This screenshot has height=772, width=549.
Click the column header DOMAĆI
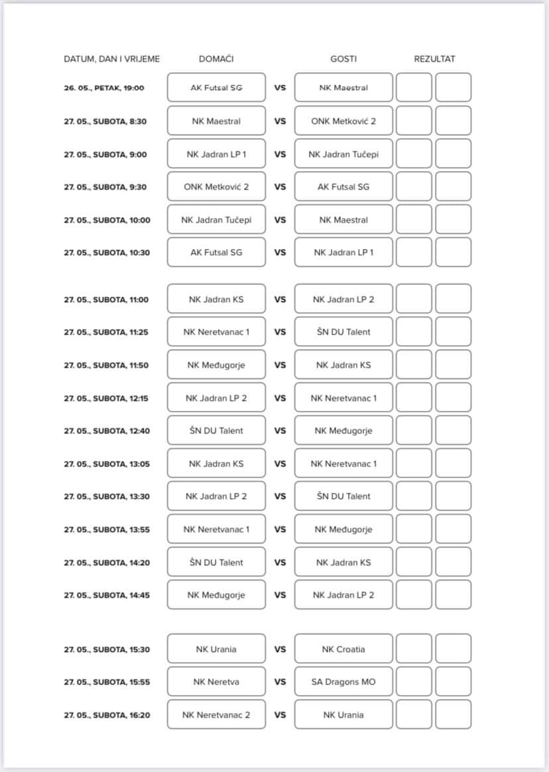216,59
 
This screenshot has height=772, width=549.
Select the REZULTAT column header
434,59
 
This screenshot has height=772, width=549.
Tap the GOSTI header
343,59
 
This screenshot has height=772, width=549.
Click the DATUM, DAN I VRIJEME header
111,59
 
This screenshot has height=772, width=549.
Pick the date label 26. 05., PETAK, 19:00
104,88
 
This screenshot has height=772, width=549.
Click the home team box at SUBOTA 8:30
216,121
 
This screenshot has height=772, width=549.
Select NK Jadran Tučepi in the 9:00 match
343,154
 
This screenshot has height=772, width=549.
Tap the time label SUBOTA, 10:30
107,252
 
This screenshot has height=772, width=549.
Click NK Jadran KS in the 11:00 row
216,300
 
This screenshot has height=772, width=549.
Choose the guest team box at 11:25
343,332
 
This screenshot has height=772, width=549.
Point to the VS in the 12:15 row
280,398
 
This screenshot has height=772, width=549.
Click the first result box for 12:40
414,431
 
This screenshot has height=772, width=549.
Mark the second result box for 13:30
454,496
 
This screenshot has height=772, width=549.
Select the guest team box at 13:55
343,529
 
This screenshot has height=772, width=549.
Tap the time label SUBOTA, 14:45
107,595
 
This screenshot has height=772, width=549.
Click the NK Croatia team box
343,649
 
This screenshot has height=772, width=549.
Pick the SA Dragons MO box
343,682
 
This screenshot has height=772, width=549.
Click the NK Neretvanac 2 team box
216,715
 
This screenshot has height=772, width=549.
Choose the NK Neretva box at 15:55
216,682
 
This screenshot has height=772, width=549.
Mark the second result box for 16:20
454,715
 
